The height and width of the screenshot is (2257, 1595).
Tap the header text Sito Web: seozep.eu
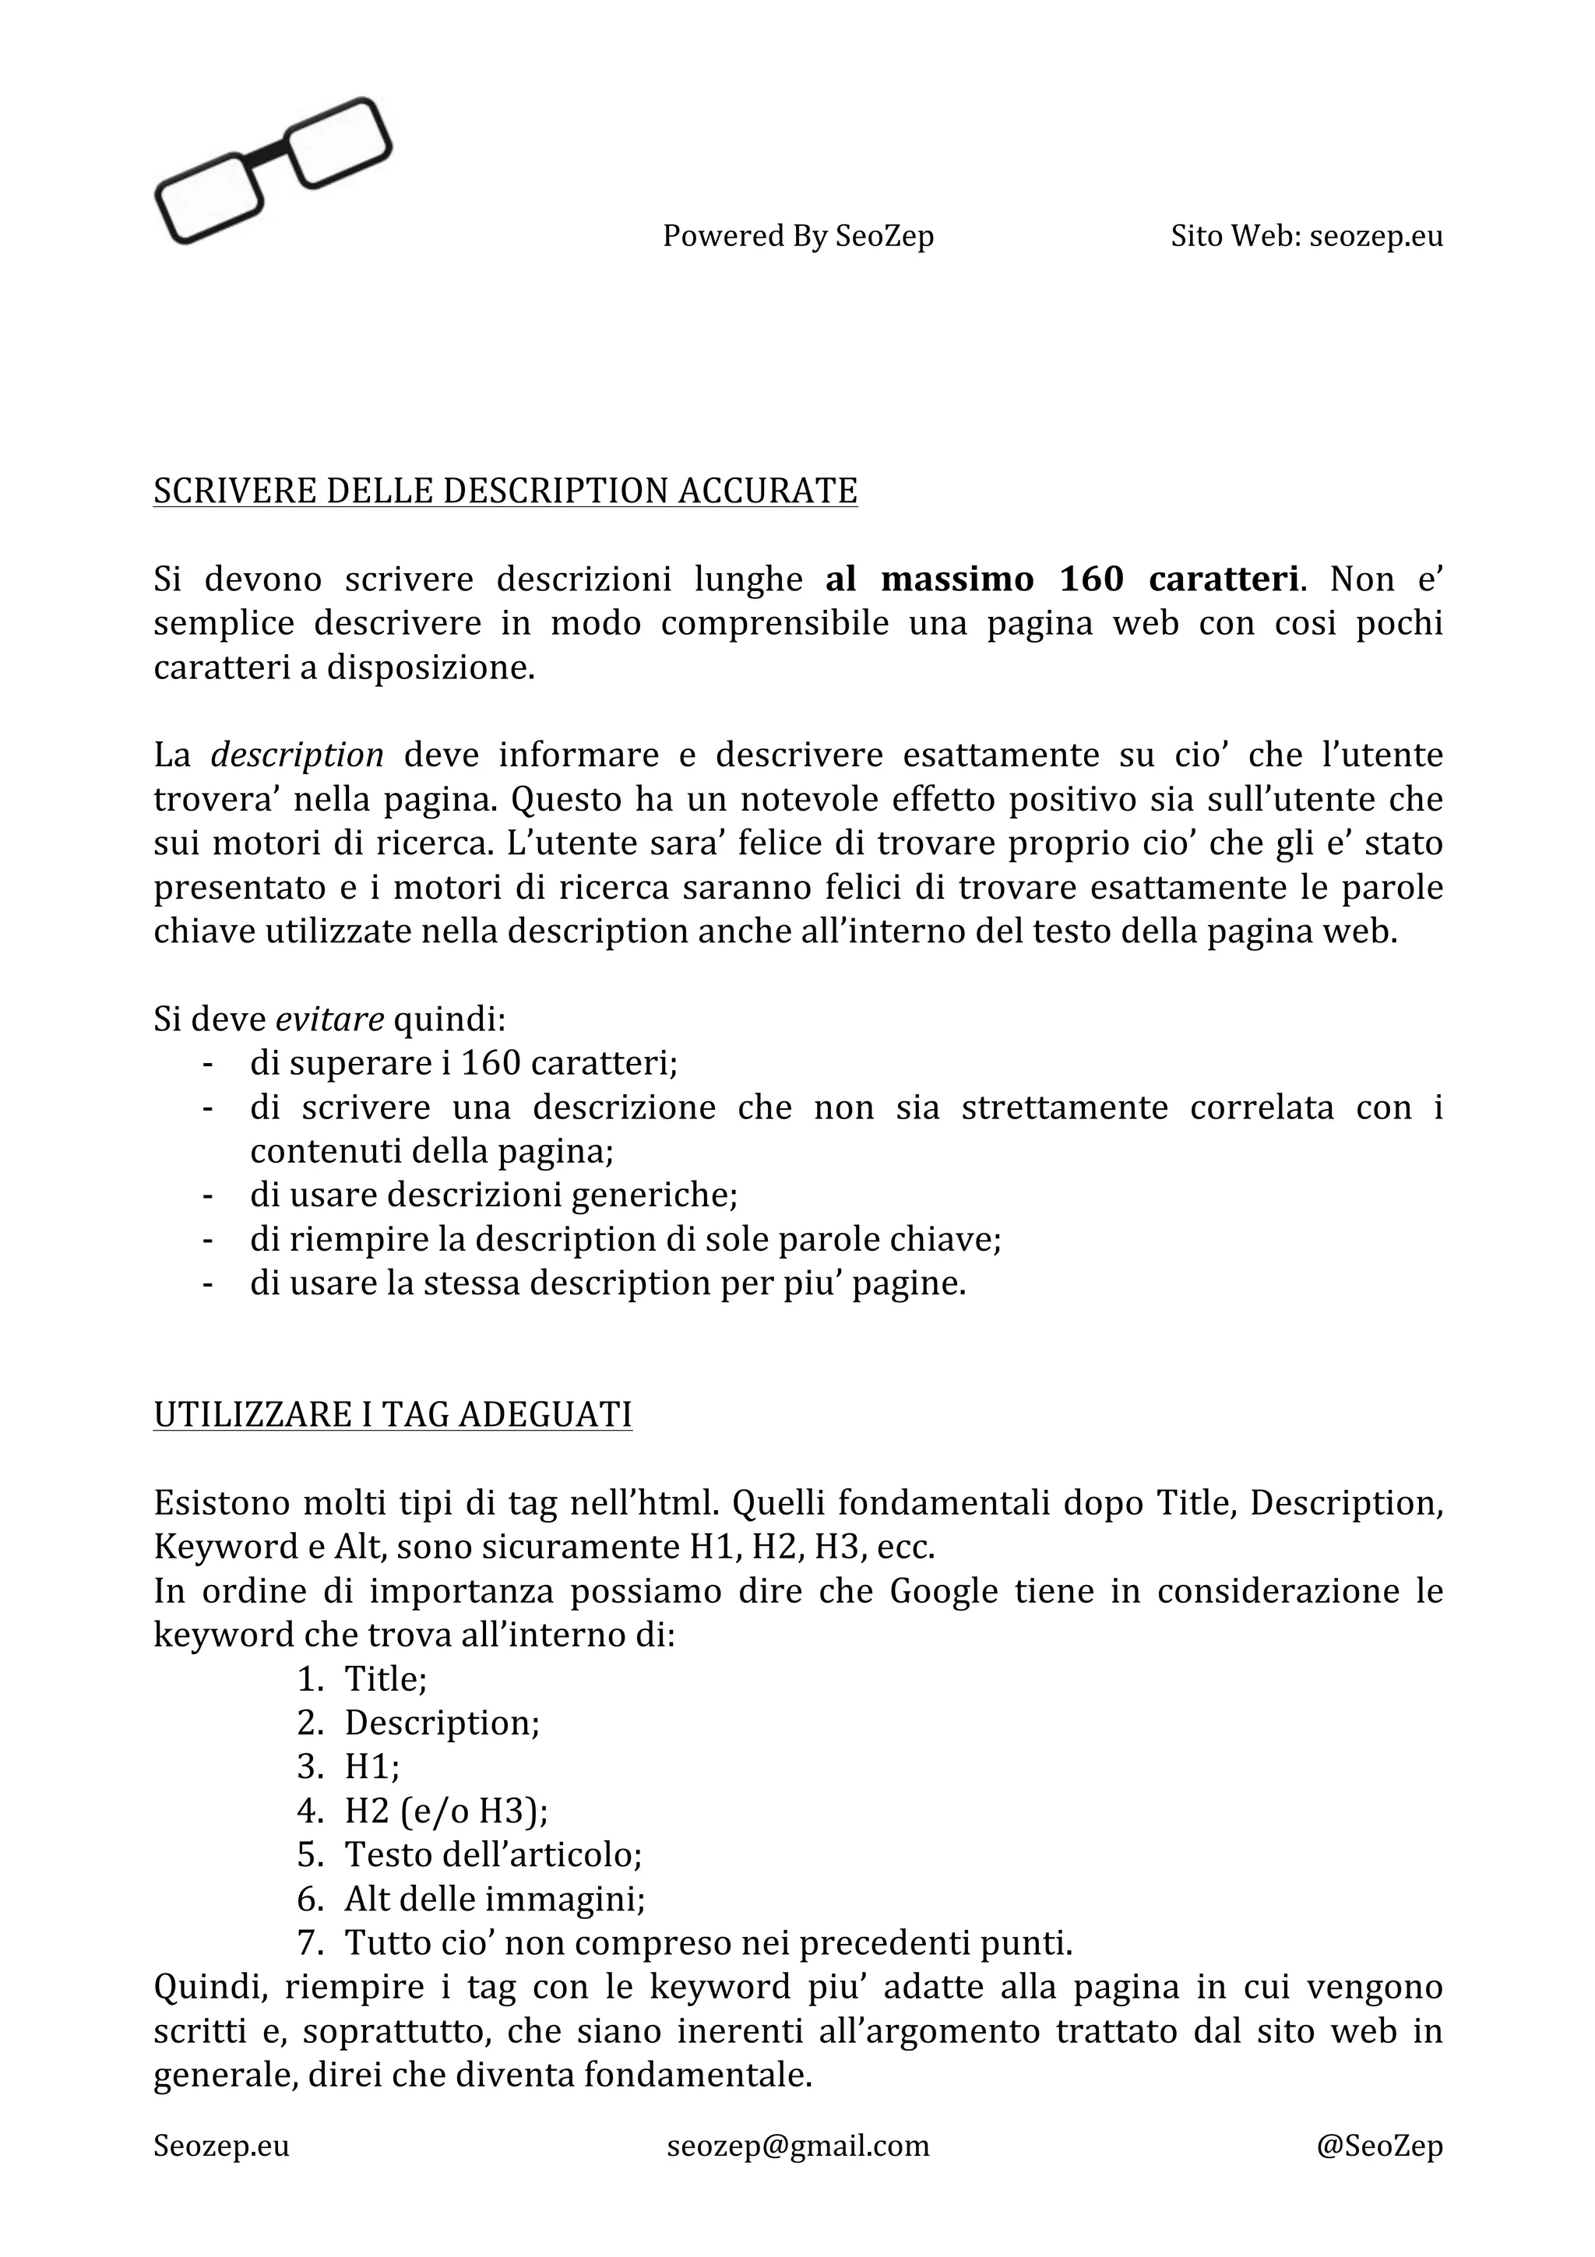[x=1306, y=236]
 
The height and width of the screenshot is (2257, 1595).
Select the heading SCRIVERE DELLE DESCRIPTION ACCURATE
[x=505, y=491]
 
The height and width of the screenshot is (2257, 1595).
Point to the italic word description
[x=297, y=755]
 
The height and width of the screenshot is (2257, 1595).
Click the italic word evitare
[x=329, y=1019]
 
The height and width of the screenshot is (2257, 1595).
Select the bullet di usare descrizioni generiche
[x=493, y=1195]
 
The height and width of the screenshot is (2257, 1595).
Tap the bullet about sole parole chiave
[x=625, y=1240]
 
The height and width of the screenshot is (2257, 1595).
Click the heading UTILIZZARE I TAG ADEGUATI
[x=392, y=1414]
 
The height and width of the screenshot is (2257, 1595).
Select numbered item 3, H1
[x=371, y=1767]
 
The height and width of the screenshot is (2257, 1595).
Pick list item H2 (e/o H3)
[x=446, y=1812]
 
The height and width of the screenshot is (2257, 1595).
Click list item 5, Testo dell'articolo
[x=492, y=1855]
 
